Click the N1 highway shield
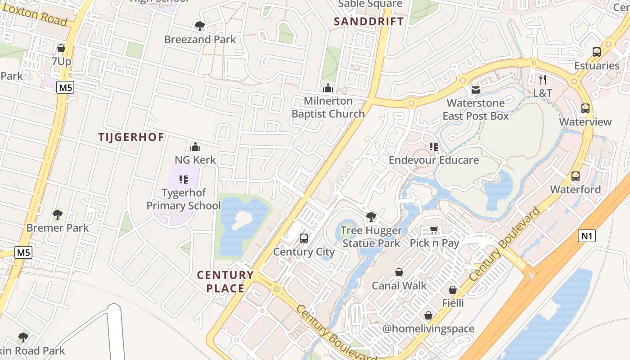tap(586, 236)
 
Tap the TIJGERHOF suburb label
tap(131, 137)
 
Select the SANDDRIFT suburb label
tap(369, 21)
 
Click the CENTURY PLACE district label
tap(225, 282)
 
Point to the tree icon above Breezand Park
tap(199, 26)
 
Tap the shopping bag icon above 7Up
tap(61, 48)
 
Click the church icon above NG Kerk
tap(195, 146)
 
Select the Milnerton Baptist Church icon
tap(328, 87)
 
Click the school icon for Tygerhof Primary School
tap(184, 180)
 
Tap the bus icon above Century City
tap(304, 238)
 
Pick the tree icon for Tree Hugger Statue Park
tap(371, 217)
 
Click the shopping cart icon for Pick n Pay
tap(434, 230)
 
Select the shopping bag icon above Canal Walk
tap(399, 272)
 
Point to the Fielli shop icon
tap(453, 290)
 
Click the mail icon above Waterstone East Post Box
tap(475, 90)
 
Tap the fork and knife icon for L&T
tap(543, 80)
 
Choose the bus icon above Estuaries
tap(597, 52)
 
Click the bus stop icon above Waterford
tap(576, 176)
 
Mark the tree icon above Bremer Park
tap(57, 215)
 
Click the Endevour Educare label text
tap(434, 160)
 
